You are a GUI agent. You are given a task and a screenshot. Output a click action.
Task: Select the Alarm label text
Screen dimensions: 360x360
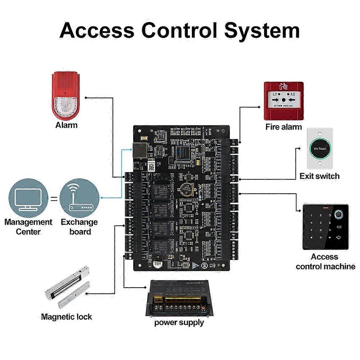(x=66, y=125)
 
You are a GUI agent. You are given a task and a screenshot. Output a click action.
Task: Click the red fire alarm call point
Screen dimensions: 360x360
(x=284, y=100)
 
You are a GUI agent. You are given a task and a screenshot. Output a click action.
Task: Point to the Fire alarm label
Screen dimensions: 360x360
(x=284, y=127)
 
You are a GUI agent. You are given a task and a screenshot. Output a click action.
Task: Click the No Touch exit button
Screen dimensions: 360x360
(x=320, y=148)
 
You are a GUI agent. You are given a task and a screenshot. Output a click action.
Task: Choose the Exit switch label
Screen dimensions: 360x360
(x=320, y=176)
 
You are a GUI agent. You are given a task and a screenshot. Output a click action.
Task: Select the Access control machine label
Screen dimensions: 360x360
(x=325, y=262)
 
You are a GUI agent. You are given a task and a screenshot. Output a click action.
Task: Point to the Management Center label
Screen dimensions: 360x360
(x=28, y=227)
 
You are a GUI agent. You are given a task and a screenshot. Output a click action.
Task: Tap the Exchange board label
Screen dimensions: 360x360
(x=79, y=227)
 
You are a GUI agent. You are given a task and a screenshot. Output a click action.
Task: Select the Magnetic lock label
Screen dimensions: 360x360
(x=67, y=317)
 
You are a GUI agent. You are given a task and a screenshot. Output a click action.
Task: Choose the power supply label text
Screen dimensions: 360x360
(x=179, y=322)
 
